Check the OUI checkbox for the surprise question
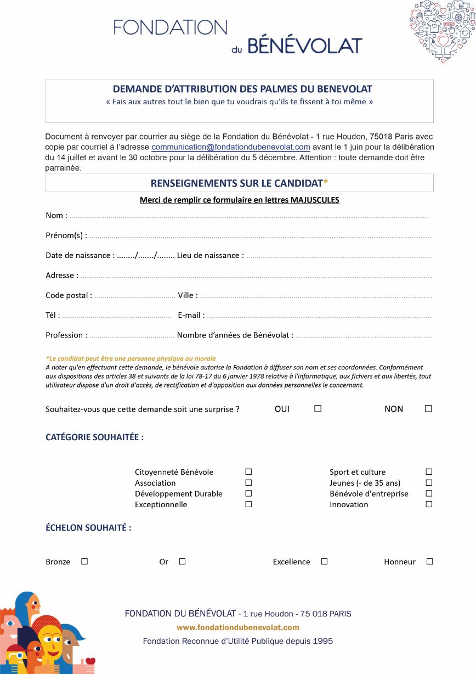318,408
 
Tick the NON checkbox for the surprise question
428,408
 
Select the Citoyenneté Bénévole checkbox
248,471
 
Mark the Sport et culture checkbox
429,471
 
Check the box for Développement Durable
248,493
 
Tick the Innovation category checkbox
429,504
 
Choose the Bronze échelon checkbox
84,561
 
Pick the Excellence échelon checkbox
324,561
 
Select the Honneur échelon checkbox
429,561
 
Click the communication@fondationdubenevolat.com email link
231,147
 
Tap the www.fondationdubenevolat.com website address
237,627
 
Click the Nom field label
55,215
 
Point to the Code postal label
68,295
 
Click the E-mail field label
190,315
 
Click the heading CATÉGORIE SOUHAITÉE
94,437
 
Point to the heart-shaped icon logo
442,31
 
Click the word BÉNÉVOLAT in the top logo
305,46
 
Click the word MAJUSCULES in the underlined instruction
315,200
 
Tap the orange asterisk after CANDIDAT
326,182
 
